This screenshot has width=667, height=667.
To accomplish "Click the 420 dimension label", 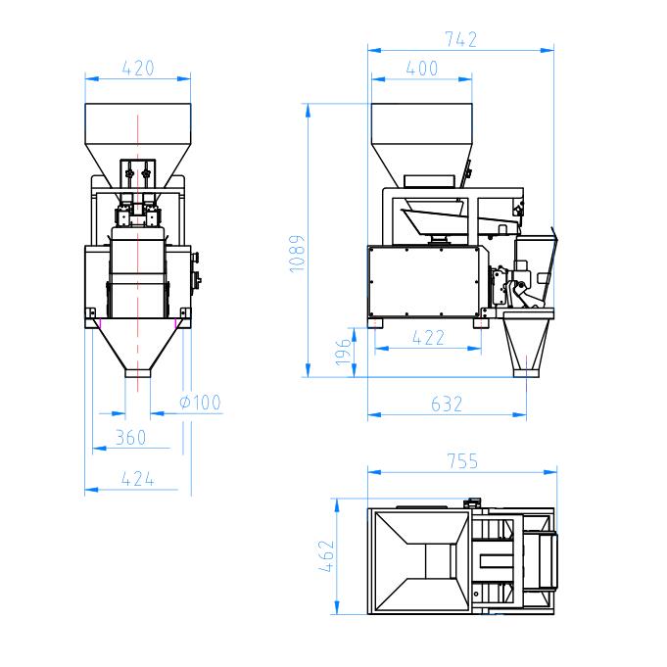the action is pyautogui.click(x=138, y=69).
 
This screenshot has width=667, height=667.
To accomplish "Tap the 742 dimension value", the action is pyautogui.click(x=460, y=39).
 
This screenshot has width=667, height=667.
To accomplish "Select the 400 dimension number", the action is pyautogui.click(x=421, y=69).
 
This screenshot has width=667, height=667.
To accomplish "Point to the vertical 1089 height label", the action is pyautogui.click(x=297, y=254).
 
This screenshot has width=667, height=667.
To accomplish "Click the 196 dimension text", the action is pyautogui.click(x=343, y=353).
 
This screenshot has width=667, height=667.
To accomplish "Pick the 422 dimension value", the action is pyautogui.click(x=428, y=338).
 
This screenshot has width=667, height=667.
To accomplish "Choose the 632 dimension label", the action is pyautogui.click(x=447, y=405).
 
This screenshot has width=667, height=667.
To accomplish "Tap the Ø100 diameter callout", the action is pyautogui.click(x=200, y=403).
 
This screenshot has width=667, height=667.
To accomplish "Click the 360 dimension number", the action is pyautogui.click(x=130, y=438).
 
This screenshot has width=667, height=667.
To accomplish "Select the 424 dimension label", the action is pyautogui.click(x=137, y=479).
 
